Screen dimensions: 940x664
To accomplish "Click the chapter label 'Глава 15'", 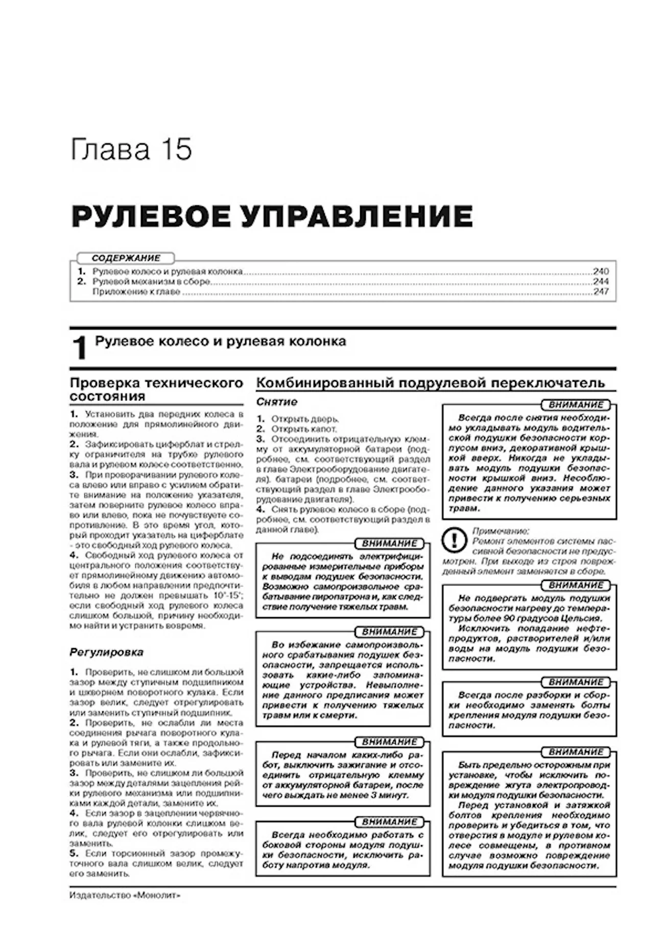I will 131,150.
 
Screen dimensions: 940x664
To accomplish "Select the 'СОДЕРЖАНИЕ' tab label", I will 126,258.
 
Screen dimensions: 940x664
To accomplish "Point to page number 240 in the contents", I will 601,272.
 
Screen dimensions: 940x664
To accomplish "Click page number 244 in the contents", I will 601,282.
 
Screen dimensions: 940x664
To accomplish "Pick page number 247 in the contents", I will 601,292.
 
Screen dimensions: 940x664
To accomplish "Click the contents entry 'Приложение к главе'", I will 136,292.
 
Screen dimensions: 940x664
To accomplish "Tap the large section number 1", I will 80,349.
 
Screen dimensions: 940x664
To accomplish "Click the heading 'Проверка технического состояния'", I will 156,389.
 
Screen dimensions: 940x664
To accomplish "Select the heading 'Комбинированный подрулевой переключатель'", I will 430,383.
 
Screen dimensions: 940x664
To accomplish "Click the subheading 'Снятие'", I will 277,402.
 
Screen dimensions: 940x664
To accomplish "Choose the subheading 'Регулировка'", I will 106,652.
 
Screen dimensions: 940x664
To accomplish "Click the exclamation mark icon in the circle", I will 454,540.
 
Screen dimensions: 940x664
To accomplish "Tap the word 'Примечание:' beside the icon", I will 501,531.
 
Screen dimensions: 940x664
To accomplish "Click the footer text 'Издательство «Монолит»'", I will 125,896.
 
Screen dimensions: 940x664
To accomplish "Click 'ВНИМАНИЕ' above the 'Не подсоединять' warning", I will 390,544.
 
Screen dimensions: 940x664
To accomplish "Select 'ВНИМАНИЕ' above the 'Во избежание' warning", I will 390,632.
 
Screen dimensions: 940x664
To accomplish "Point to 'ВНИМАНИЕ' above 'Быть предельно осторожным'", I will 576,752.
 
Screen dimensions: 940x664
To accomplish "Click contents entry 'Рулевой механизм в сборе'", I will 151,282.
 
